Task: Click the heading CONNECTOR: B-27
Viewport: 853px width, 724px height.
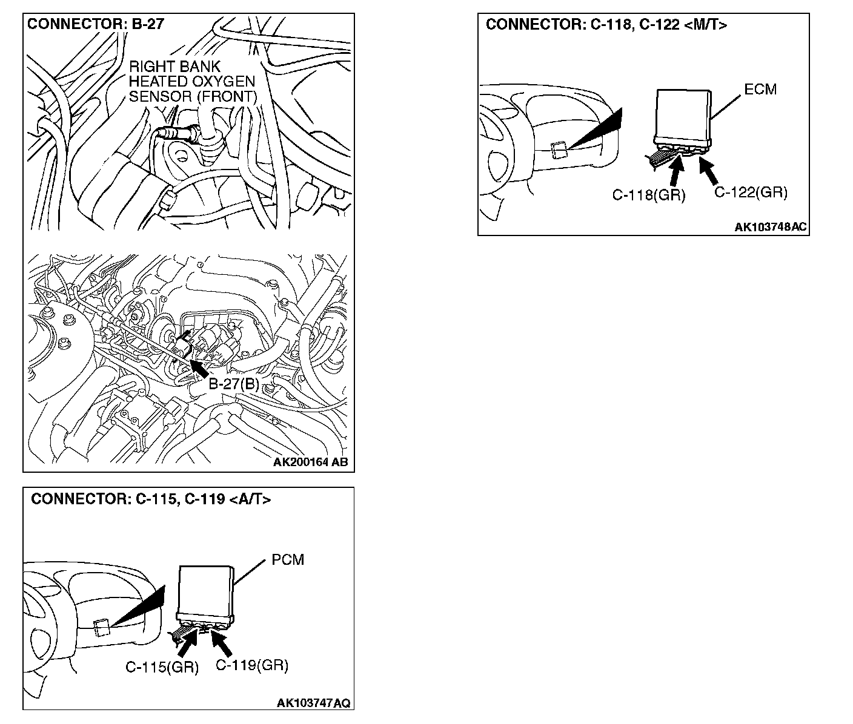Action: pos(96,25)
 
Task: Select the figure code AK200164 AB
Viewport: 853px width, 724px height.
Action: pos(310,462)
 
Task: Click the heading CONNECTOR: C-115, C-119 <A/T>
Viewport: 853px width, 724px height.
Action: pos(151,499)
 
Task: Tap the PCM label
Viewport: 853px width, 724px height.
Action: pos(288,560)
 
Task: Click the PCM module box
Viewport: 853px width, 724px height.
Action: pos(205,590)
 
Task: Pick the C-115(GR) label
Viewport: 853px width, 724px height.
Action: pos(162,668)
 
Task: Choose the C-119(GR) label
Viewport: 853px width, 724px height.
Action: pos(252,665)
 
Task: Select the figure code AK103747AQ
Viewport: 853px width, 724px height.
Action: pos(313,703)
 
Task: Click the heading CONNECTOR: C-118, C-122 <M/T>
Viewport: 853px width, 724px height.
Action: pos(606,25)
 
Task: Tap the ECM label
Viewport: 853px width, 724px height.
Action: pos(760,90)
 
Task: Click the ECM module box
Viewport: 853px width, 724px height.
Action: pos(683,116)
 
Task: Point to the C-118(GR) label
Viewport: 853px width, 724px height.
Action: pos(648,195)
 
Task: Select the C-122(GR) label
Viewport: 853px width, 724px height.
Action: pos(751,193)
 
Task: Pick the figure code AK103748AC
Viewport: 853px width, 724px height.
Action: pos(771,227)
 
